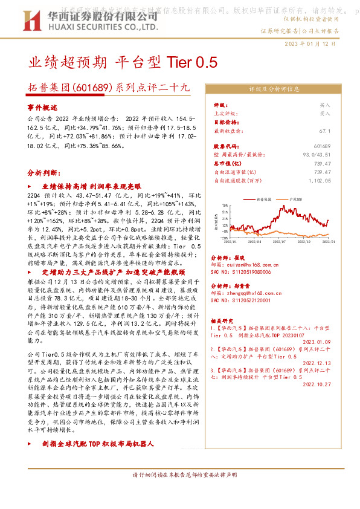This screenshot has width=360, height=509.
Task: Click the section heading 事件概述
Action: coord(42,107)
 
